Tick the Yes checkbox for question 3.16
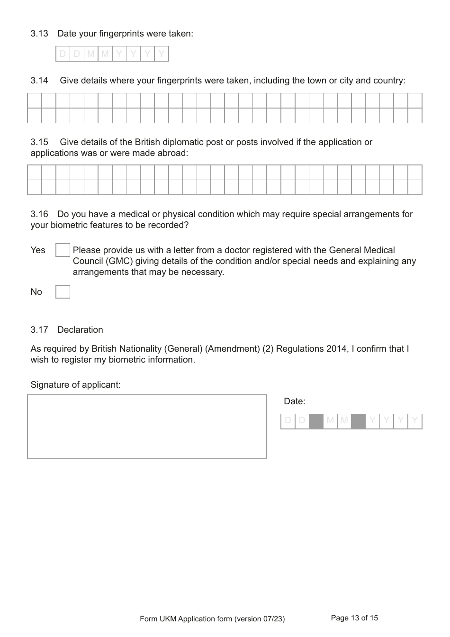click(63, 250)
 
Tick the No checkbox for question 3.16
click(63, 291)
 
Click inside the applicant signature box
click(147, 427)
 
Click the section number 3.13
click(39, 34)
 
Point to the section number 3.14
click(39, 81)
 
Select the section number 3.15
click(39, 142)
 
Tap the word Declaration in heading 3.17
click(80, 330)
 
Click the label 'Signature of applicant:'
click(75, 385)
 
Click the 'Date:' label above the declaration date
click(294, 401)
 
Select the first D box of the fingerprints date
click(63, 54)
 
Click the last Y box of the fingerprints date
click(162, 54)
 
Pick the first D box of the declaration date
click(288, 421)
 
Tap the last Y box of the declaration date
click(415, 421)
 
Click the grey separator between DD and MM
click(316, 421)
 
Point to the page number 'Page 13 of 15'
click(354, 618)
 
